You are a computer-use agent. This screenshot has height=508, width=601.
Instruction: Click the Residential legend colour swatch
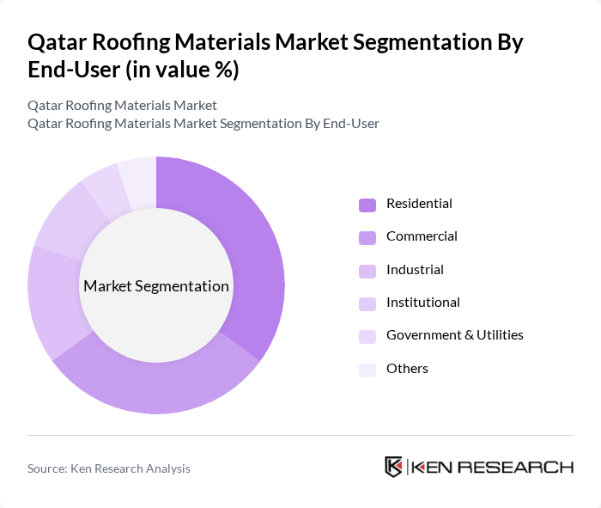(367, 205)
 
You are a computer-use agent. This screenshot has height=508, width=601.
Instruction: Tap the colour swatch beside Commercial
(367, 237)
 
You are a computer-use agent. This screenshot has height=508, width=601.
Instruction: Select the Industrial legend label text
(415, 270)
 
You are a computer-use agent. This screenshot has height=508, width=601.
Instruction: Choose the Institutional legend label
(423, 303)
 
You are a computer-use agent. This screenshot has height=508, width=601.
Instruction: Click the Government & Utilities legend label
(455, 335)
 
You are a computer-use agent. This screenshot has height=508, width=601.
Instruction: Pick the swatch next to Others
(367, 370)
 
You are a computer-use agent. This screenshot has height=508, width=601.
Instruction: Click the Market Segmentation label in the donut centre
(156, 286)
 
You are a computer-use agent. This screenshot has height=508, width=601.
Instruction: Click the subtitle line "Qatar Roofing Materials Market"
(122, 106)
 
